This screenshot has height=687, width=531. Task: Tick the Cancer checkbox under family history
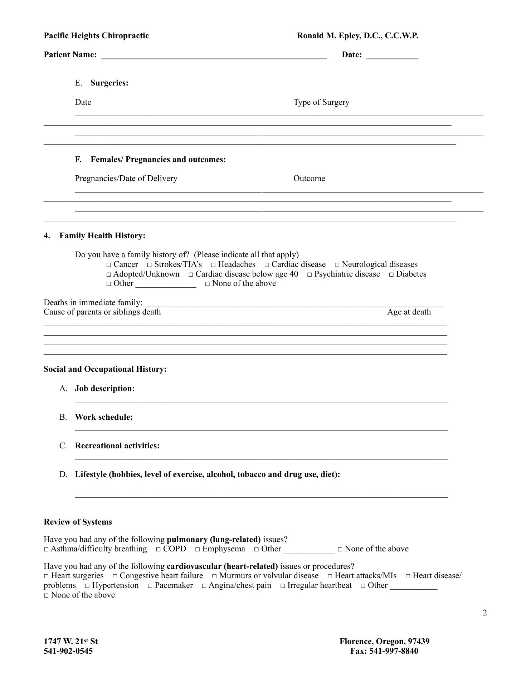[x=108, y=265]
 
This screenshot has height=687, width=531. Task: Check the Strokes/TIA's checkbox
[x=150, y=265]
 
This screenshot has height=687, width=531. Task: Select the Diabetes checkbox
[x=391, y=275]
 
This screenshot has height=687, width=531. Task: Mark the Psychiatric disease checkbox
[x=310, y=275]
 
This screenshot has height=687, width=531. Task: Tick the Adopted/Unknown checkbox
[x=108, y=275]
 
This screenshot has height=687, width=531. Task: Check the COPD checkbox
[x=158, y=550]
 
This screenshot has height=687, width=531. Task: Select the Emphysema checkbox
[x=198, y=550]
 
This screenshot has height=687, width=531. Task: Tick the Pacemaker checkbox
[x=150, y=586]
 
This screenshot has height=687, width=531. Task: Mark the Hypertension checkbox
[x=87, y=586]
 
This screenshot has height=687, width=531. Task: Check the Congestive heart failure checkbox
[x=115, y=576]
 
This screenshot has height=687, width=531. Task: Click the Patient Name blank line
[x=214, y=56]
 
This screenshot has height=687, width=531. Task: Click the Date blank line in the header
[x=392, y=56]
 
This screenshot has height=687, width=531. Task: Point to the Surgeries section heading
[x=109, y=83]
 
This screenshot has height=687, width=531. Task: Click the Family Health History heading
[x=102, y=236]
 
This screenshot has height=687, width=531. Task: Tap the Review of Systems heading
[x=78, y=522]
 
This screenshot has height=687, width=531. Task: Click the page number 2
[x=485, y=613]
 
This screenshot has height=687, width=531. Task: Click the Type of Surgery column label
[x=321, y=102]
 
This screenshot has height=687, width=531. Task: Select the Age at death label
[x=409, y=312]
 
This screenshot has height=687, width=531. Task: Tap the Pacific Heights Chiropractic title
[x=96, y=36]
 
